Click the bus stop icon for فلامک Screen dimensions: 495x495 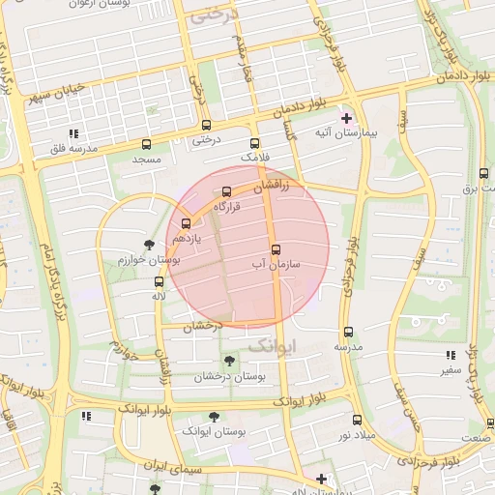click(255, 142)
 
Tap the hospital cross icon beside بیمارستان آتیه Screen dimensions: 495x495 click(346, 118)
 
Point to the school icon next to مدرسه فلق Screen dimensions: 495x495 click(73, 133)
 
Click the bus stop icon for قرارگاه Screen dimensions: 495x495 click(227, 191)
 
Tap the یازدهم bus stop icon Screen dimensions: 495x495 click(186, 223)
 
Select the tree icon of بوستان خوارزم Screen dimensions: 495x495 click(148, 245)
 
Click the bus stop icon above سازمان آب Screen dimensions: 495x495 click(276, 248)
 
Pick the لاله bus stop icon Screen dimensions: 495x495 click(159, 281)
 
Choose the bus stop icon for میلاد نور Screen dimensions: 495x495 click(357, 420)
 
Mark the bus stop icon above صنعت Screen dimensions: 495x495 click(490, 423)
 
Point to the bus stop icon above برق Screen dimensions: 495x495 click(483, 173)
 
